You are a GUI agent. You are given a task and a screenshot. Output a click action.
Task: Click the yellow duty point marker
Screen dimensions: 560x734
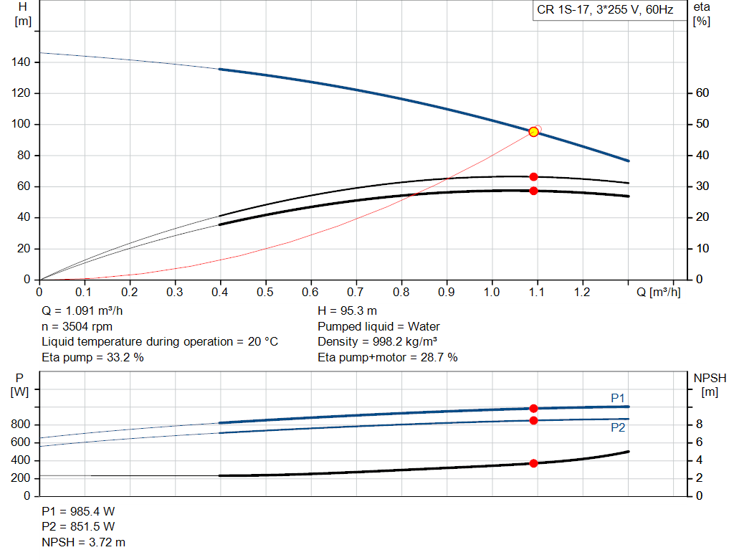(533, 132)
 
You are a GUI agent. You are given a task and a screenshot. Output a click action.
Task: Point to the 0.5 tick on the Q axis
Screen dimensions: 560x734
(265, 293)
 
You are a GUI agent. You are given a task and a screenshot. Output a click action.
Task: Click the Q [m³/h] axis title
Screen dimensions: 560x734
(657, 293)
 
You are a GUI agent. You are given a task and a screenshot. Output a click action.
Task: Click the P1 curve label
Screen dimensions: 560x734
(618, 398)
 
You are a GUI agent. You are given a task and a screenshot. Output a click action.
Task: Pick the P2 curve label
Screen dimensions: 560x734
(618, 427)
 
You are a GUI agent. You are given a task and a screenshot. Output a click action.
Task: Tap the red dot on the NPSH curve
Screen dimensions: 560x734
(533, 463)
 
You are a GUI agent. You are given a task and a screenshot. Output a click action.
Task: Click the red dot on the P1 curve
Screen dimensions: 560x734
(533, 408)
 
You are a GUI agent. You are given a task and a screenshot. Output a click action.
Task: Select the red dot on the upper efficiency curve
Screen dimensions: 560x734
(533, 176)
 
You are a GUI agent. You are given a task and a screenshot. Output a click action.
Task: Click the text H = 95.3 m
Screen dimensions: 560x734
(348, 310)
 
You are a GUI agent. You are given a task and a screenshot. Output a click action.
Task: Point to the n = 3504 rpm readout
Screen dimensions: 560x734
(77, 326)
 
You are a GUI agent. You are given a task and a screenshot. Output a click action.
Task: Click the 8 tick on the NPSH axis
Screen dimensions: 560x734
(700, 424)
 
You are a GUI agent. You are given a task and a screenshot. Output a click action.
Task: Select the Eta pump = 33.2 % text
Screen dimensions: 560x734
(92, 357)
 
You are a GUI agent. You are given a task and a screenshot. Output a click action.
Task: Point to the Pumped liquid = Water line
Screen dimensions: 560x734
(378, 326)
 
